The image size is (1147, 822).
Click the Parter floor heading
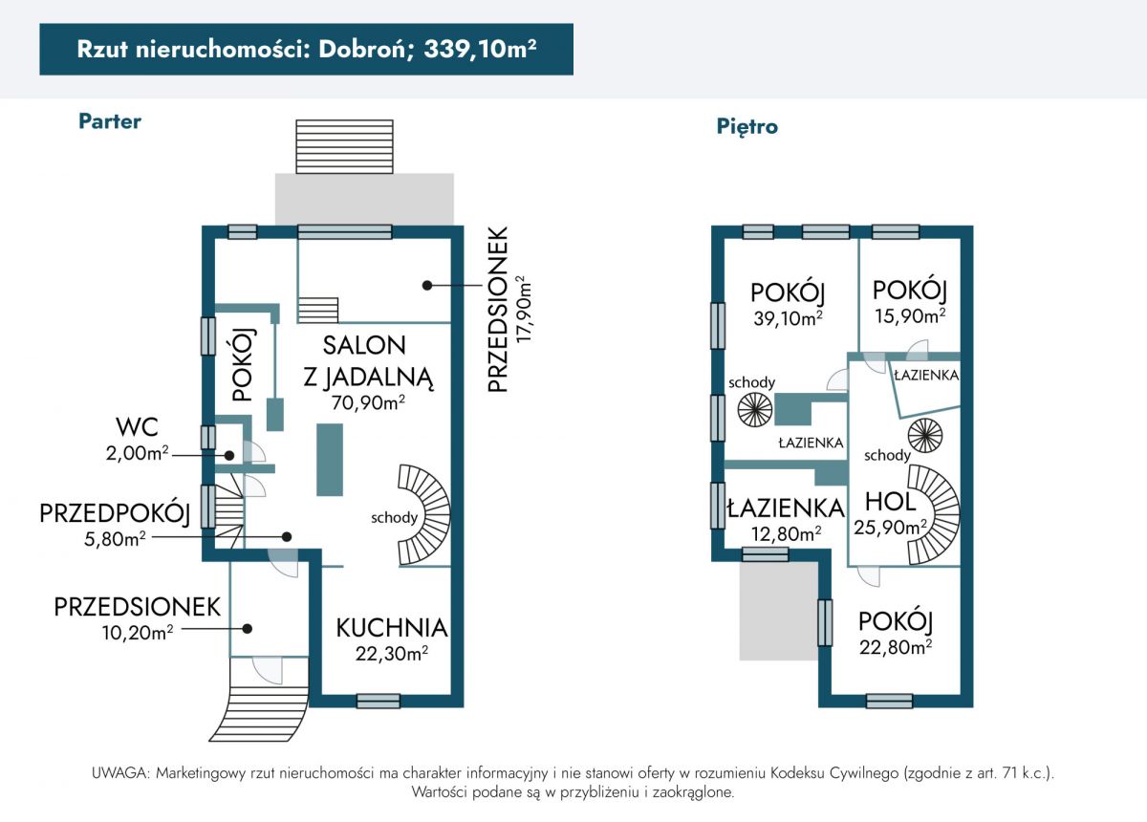coord(110,121)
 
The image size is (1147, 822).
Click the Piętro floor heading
coord(747,126)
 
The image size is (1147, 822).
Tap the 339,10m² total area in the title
coord(480,49)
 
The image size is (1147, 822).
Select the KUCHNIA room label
coord(392,628)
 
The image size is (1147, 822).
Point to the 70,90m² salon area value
coord(368,402)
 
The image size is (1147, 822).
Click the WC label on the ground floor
coord(137,427)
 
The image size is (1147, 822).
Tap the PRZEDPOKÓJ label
coord(115,513)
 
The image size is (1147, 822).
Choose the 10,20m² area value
coord(138,633)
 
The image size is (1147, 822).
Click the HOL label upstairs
coord(891,502)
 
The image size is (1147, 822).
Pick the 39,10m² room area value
coord(788,318)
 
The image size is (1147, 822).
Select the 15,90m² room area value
coord(910,316)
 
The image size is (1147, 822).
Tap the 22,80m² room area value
coord(896,647)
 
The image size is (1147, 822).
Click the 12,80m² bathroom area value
coord(787,534)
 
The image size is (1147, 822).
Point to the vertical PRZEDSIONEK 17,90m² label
coord(509,310)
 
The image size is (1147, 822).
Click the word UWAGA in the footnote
coord(120,773)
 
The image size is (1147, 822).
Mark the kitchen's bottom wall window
coord(378,702)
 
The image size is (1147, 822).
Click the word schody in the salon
coord(394,518)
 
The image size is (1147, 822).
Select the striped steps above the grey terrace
coord(344,147)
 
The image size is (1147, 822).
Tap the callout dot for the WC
coord(229,455)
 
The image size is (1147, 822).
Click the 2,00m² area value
coord(138,453)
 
